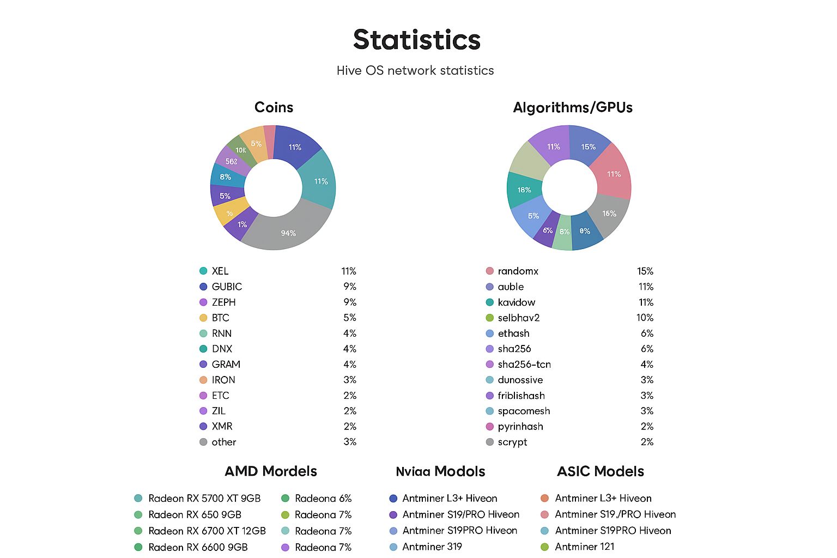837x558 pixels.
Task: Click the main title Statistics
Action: coord(417,40)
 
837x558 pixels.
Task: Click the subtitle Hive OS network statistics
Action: coord(415,70)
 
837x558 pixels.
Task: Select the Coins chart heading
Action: coord(274,107)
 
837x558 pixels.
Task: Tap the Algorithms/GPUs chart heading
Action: coord(573,107)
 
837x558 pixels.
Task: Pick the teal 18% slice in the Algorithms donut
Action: coord(524,190)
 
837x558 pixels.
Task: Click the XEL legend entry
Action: coord(220,271)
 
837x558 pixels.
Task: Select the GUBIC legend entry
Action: coord(227,287)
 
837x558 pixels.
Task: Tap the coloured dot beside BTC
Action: coord(203,318)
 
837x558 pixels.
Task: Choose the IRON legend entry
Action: coord(223,380)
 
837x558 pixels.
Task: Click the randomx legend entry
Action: coord(518,271)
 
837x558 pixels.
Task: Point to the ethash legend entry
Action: coord(513,333)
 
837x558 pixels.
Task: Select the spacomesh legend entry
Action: coord(524,411)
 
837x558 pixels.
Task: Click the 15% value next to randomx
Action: coord(645,271)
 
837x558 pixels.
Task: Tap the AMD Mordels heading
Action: coord(271,471)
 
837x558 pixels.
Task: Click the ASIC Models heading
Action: coord(601,471)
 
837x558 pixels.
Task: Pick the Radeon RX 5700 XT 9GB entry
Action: coord(204,498)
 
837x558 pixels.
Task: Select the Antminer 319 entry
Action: coord(432,547)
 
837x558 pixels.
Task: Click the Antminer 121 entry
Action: coord(584,547)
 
